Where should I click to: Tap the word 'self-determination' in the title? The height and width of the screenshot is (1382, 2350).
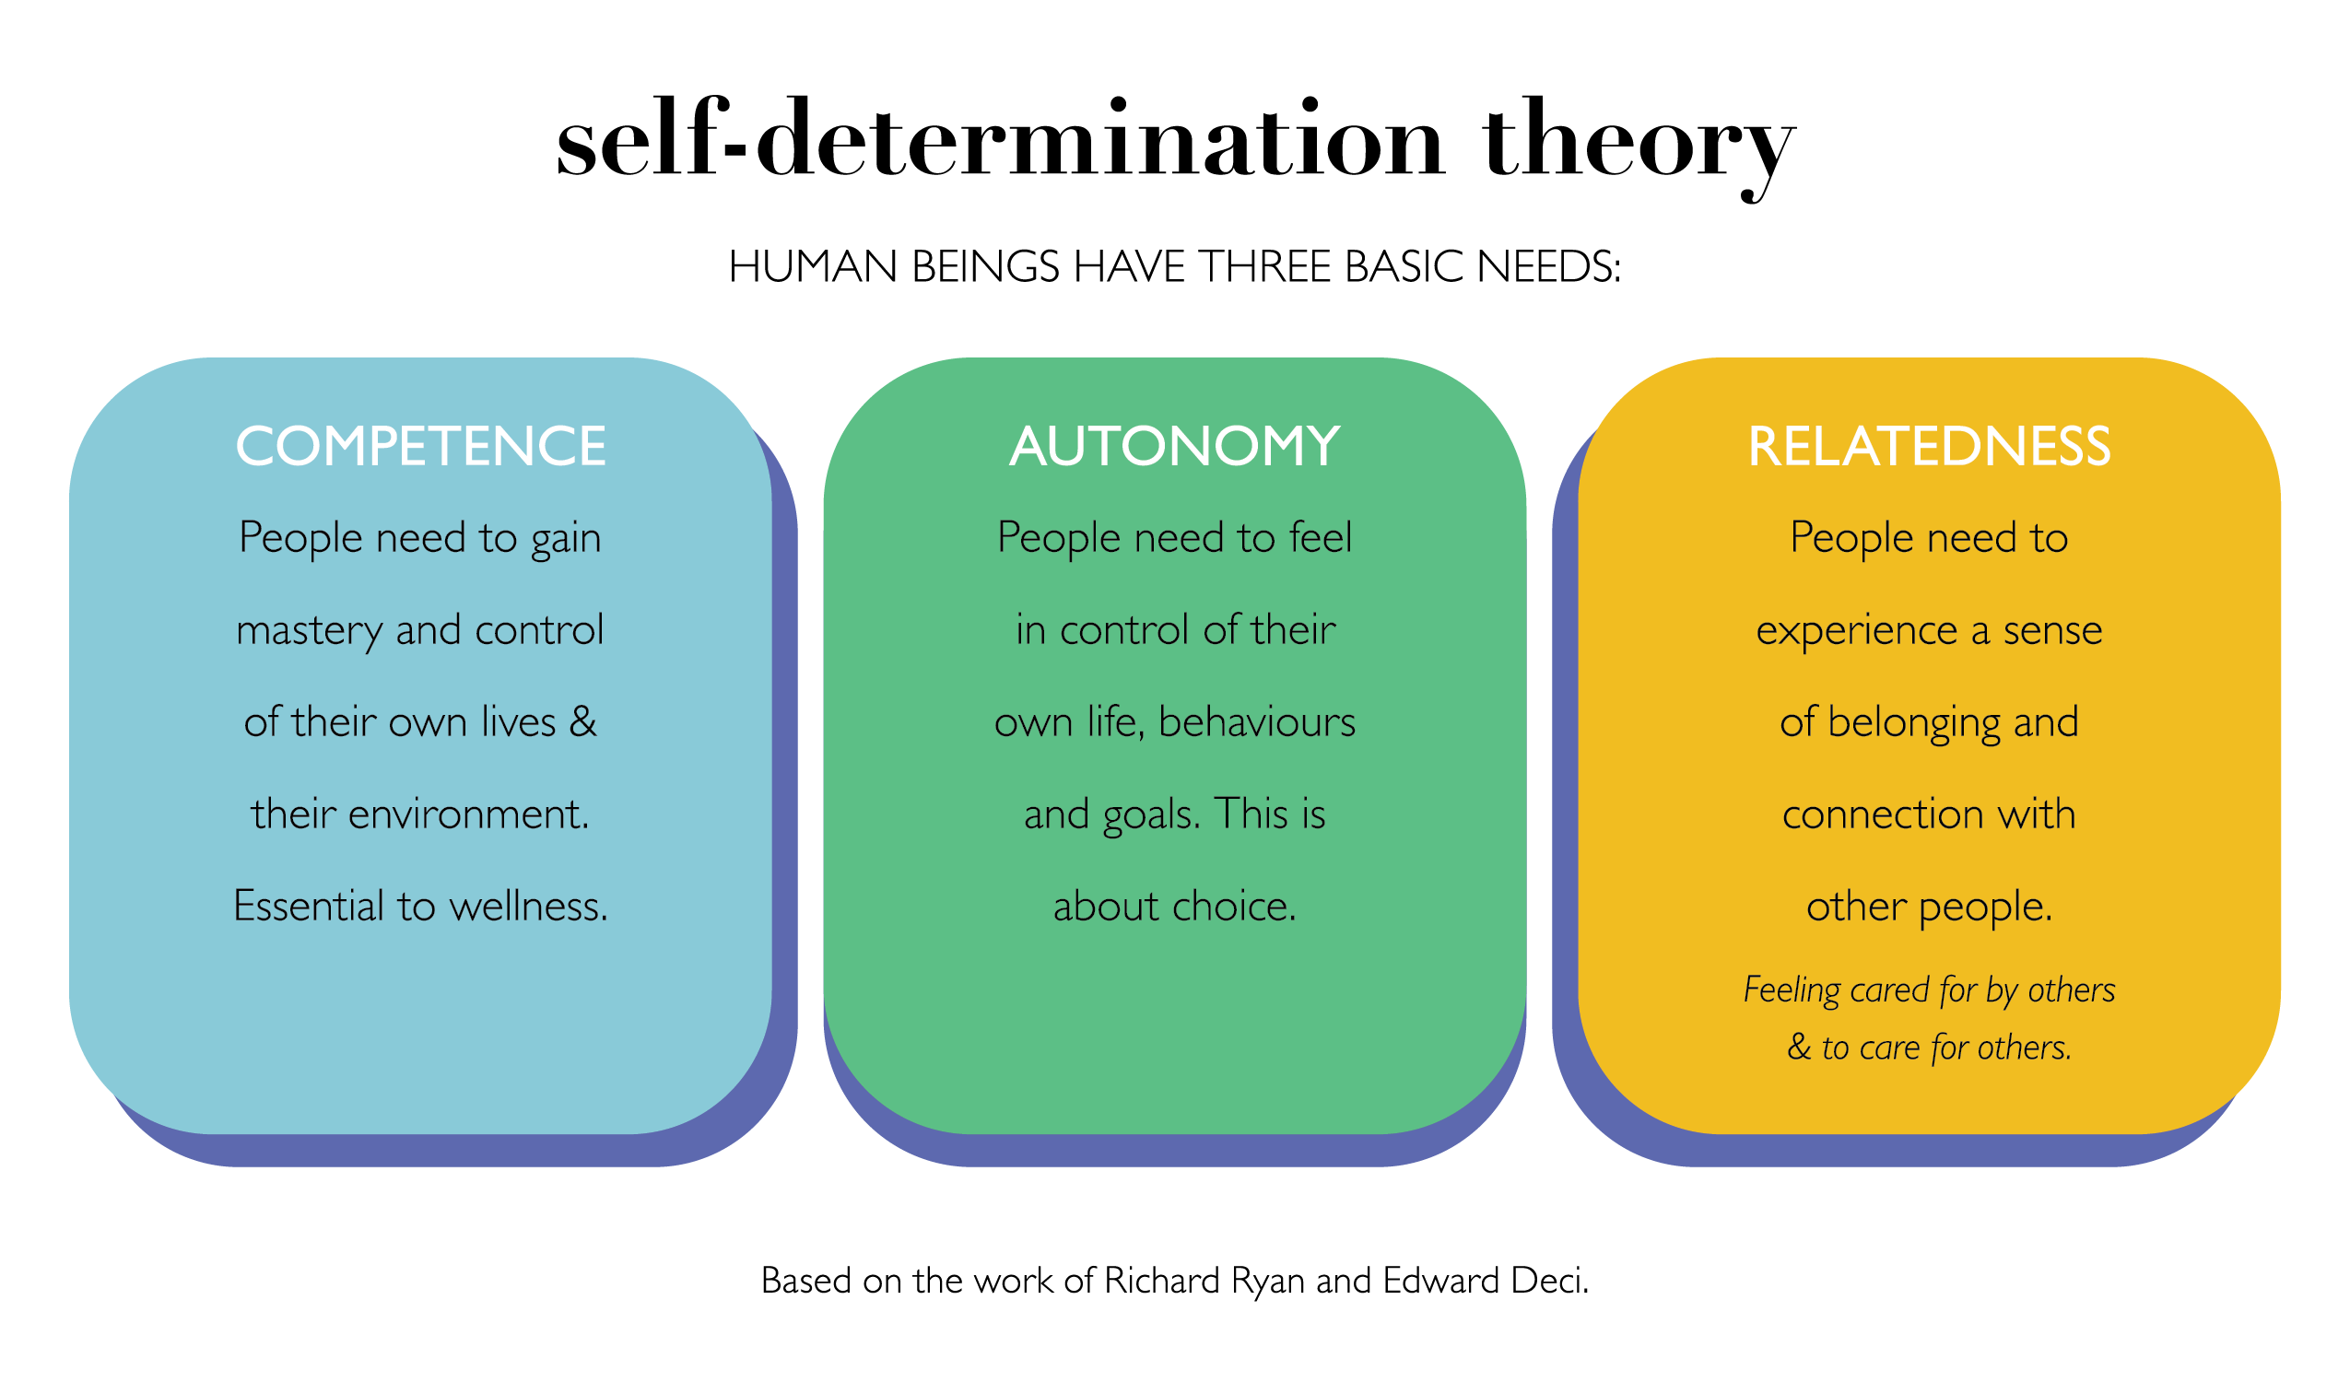click(x=1001, y=140)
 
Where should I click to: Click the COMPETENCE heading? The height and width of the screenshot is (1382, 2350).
click(x=420, y=446)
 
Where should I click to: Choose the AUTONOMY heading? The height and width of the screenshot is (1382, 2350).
click(x=1174, y=446)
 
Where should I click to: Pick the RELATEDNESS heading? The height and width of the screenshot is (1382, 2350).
click(x=1929, y=446)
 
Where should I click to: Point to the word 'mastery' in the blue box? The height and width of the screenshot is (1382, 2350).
click(x=309, y=631)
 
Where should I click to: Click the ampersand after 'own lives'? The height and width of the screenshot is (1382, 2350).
click(x=582, y=722)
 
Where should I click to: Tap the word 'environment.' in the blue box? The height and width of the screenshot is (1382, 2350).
click(x=468, y=814)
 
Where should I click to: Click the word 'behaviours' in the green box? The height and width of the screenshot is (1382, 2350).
click(x=1256, y=722)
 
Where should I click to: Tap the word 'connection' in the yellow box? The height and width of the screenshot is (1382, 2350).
click(x=1882, y=814)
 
